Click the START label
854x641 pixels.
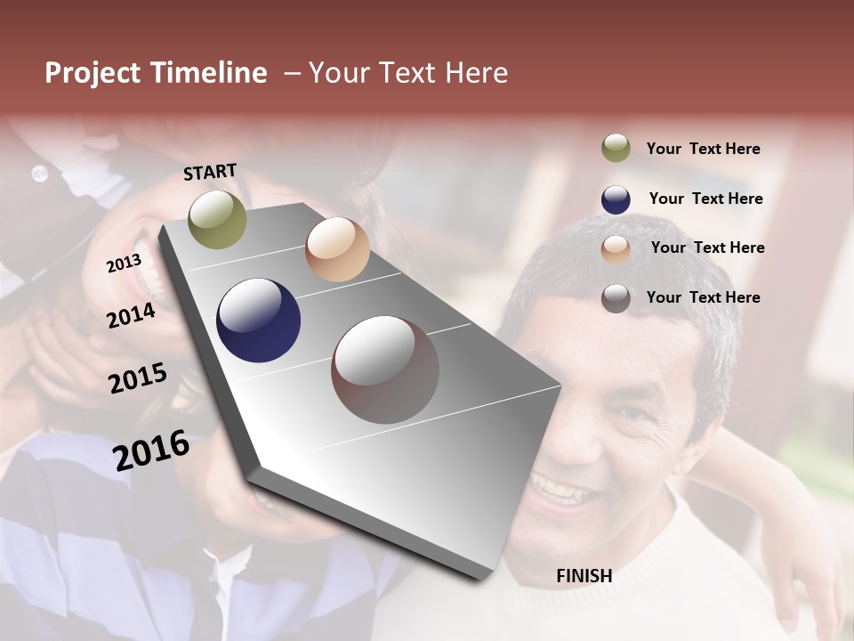click(210, 172)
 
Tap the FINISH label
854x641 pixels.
click(584, 576)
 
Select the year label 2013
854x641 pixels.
click(124, 264)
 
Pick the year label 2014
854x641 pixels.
click(131, 315)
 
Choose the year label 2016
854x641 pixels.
click(151, 450)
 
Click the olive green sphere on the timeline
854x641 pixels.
click(217, 219)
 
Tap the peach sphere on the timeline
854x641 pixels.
click(337, 249)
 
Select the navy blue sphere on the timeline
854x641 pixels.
click(259, 320)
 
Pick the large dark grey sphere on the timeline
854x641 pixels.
click(385, 369)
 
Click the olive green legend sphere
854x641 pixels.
click(616, 148)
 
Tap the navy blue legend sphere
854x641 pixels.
click(616, 199)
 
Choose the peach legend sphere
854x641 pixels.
click(616, 249)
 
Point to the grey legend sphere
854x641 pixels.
click(616, 298)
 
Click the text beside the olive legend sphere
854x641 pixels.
click(703, 149)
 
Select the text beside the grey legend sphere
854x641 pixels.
click(703, 297)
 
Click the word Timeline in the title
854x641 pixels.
click(208, 73)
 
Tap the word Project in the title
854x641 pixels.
click(92, 73)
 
